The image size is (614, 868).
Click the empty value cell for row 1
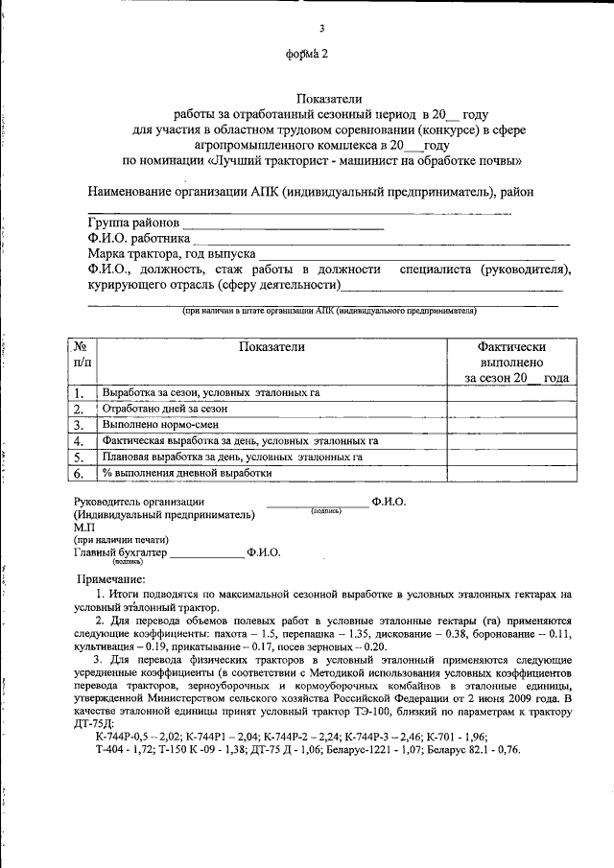click(511, 392)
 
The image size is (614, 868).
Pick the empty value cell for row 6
click(511, 472)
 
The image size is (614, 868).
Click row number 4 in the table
click(80, 440)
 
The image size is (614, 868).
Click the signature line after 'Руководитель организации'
click(317, 505)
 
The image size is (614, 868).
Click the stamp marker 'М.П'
click(84, 528)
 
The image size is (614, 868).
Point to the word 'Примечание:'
click(110, 578)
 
